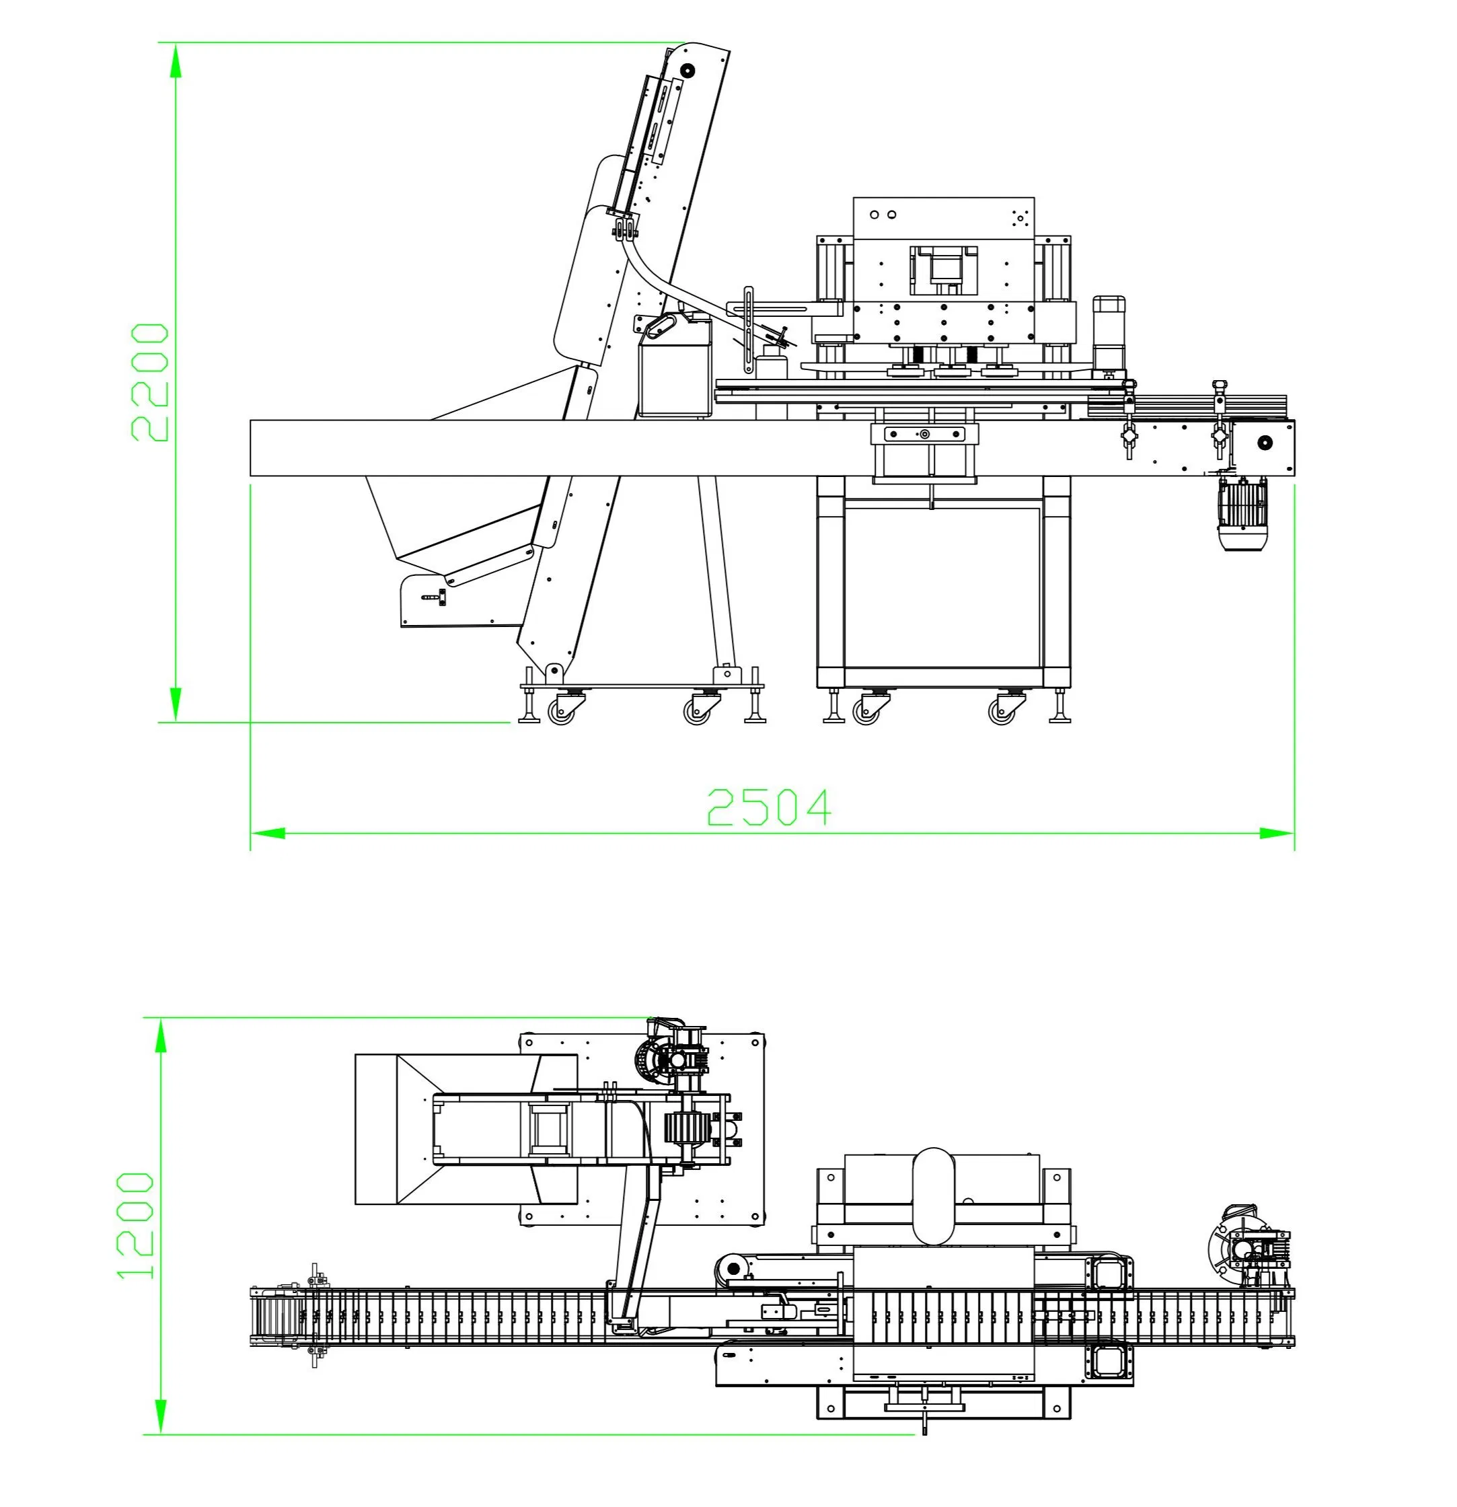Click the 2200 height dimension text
coord(150,382)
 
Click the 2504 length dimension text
coord(769,807)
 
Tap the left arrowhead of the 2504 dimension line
coord(268,833)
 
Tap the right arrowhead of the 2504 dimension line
coord(1277,833)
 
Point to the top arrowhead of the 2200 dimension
coord(176,60)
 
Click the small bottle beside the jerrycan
coord(771,364)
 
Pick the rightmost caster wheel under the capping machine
coord(1002,712)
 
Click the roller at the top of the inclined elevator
coord(687,71)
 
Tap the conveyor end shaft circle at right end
coord(1265,442)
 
